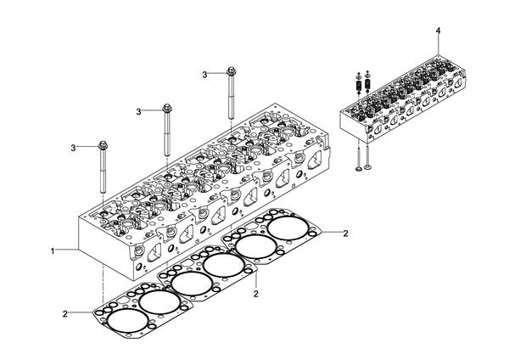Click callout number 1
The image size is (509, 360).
(53, 251)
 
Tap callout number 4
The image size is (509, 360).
(439, 31)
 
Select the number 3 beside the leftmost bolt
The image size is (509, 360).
(73, 148)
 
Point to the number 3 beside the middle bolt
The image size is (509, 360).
(139, 112)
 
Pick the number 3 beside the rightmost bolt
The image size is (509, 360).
(204, 75)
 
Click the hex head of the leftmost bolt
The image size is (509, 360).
(103, 145)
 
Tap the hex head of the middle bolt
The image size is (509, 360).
(167, 108)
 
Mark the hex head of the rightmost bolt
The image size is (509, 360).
(231, 70)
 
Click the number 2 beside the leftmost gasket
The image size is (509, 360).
(65, 314)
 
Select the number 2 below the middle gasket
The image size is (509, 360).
(256, 294)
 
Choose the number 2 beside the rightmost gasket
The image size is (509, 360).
(346, 233)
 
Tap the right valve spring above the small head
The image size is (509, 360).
(367, 84)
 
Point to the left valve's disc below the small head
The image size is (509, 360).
(359, 169)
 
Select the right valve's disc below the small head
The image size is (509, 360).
(367, 167)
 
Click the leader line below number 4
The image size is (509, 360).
(439, 45)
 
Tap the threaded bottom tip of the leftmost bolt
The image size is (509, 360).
(103, 191)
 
